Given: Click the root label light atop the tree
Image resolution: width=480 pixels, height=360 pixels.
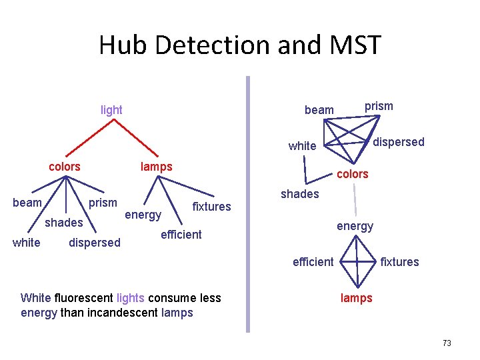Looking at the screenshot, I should point(111,110).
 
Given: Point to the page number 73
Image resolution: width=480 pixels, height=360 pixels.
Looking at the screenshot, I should point(447,343).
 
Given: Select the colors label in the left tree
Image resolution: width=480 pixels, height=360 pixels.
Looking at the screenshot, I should point(65,167).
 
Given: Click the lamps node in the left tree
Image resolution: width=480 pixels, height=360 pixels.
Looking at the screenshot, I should point(157,167).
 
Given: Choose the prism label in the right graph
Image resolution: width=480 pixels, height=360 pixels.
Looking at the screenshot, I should point(379,106).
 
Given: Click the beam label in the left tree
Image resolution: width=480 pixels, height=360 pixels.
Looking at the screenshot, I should point(27,203).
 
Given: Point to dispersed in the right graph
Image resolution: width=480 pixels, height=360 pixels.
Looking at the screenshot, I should point(398,142).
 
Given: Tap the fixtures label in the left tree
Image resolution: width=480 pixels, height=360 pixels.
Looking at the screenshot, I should point(211,207).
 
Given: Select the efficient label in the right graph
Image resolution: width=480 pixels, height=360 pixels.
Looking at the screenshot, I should point(313,262).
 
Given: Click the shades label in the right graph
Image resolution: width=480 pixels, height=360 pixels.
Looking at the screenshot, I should point(299,194).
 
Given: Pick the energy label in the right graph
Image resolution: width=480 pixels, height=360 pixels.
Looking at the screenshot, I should point(355,227).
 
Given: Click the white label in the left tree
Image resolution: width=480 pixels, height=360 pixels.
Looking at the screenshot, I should point(27,243).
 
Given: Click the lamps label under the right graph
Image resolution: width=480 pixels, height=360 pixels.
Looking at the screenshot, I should point(357,298).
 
